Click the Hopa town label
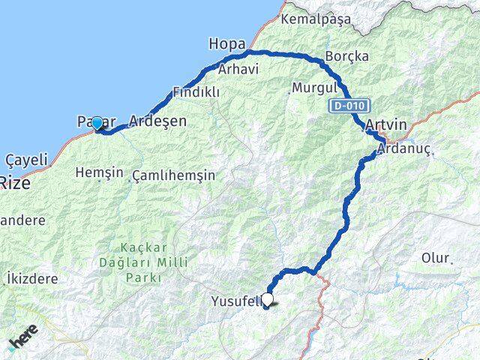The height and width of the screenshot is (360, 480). (x=227, y=44)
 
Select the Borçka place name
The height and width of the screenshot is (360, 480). (x=346, y=57)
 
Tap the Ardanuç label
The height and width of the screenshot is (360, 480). (x=406, y=149)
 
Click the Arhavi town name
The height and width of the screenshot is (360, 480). (x=238, y=69)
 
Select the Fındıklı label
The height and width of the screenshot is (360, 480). (x=196, y=92)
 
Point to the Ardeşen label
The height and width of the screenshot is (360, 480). (x=157, y=120)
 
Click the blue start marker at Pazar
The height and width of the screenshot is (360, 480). (x=97, y=123)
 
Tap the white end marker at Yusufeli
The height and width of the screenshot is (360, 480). (x=267, y=299)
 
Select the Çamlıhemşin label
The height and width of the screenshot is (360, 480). (x=173, y=175)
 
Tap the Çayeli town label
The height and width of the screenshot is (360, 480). (x=26, y=160)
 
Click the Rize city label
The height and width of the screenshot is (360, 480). (x=15, y=181)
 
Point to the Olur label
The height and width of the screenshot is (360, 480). (x=436, y=258)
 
